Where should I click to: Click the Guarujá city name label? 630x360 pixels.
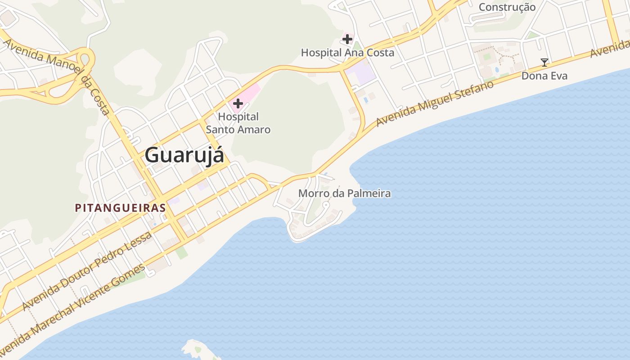point(184,155)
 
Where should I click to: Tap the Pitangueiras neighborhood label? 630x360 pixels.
point(120,208)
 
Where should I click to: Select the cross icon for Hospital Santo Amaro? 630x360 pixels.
point(238,104)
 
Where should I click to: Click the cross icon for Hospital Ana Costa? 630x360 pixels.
point(347,40)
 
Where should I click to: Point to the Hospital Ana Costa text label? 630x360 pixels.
point(347,53)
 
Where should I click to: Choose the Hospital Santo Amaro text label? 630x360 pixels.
point(238,123)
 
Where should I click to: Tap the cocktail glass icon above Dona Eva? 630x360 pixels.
point(544,63)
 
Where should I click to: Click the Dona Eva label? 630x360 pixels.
point(544,76)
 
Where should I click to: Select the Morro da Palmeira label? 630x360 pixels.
point(345,193)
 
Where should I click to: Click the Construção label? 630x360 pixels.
point(507,7)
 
